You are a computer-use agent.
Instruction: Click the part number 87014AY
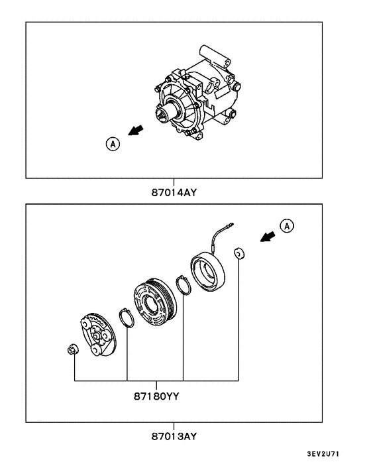pos(174,193)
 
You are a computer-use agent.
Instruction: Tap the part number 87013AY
pos(174,437)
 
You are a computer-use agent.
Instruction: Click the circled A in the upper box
pos(113,143)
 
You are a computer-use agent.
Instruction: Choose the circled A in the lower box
pos(287,227)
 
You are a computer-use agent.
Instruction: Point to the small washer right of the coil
pos(239,255)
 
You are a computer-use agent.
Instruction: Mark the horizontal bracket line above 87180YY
pos(156,382)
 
